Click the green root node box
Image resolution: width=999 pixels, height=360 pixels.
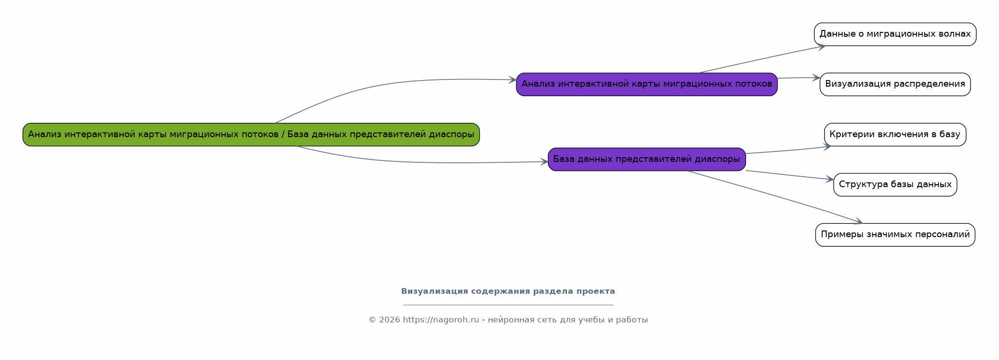pos(251,134)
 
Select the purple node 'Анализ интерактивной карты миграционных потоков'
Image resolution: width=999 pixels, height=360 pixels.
pos(646,84)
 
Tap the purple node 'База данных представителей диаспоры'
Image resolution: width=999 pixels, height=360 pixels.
pos(646,159)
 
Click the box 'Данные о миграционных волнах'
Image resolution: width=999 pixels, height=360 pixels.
pos(895,34)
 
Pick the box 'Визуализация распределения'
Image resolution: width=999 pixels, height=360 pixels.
pos(895,84)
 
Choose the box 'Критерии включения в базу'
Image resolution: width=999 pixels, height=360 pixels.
pos(895,134)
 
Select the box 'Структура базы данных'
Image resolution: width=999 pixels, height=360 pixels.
pos(895,185)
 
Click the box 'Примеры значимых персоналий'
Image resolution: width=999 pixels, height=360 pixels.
pos(895,235)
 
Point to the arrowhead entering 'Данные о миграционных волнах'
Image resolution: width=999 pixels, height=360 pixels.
pos(821,46)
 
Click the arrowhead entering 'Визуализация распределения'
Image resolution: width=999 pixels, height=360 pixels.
pos(816,78)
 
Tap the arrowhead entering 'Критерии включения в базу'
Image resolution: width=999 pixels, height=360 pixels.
pos(827,147)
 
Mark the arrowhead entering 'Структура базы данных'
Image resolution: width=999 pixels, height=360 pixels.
pos(829,179)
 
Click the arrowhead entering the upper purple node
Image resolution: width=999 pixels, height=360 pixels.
pos(512,80)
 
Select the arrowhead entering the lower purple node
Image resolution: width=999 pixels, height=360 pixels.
pos(544,162)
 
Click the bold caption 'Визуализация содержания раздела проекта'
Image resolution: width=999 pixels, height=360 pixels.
pos(508,291)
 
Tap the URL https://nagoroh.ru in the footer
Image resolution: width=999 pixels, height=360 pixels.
pos(441,320)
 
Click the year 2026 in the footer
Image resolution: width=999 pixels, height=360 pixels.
pos(389,320)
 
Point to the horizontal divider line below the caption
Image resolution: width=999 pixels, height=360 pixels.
pos(508,305)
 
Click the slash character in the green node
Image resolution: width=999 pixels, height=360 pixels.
pos(283,134)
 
